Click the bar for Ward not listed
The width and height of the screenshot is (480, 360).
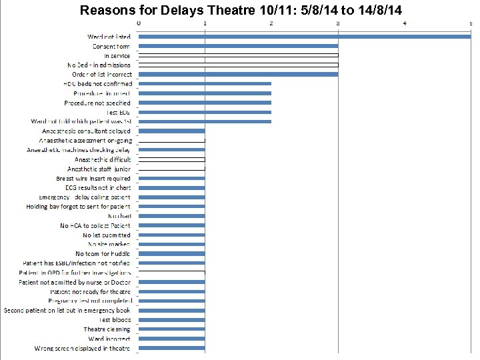304,37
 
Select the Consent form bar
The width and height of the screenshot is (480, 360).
238,46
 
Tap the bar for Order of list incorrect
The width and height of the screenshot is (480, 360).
238,74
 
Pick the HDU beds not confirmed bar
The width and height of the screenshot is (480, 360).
205,84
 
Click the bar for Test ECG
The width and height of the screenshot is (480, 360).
205,112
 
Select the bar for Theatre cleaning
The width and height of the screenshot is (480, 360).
171,329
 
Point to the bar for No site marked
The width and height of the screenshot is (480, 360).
171,244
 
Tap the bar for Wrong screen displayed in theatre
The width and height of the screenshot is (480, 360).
171,348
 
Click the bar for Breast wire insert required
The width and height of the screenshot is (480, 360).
171,178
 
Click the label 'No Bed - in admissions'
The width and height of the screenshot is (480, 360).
99,65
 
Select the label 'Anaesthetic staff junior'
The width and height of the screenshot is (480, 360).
99,169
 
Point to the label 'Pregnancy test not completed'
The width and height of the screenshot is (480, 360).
89,301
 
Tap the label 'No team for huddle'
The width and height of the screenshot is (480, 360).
103,254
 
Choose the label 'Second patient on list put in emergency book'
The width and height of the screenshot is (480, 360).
67,310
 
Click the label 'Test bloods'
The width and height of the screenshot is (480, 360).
115,320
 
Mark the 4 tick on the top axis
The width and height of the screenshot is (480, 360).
405,23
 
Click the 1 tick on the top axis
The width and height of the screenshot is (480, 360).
205,23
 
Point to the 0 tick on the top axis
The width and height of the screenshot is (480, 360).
139,23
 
